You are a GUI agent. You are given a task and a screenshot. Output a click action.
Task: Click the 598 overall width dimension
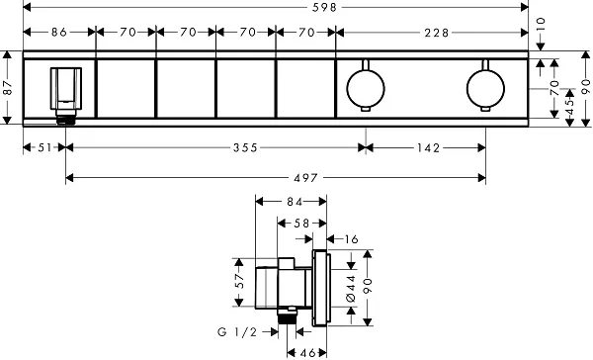(324, 7)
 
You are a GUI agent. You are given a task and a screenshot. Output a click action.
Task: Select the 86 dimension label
(59, 33)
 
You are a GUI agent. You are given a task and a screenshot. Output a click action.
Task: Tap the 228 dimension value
(437, 33)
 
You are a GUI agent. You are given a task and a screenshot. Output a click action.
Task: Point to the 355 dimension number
(245, 147)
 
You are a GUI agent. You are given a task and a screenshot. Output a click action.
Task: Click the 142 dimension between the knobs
(429, 147)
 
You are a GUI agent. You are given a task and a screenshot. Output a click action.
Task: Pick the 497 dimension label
(306, 178)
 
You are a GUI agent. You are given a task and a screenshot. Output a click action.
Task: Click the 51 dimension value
(44, 147)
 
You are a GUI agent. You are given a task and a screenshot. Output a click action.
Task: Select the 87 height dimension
(8, 88)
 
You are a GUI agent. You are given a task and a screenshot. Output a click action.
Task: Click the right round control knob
(485, 86)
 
